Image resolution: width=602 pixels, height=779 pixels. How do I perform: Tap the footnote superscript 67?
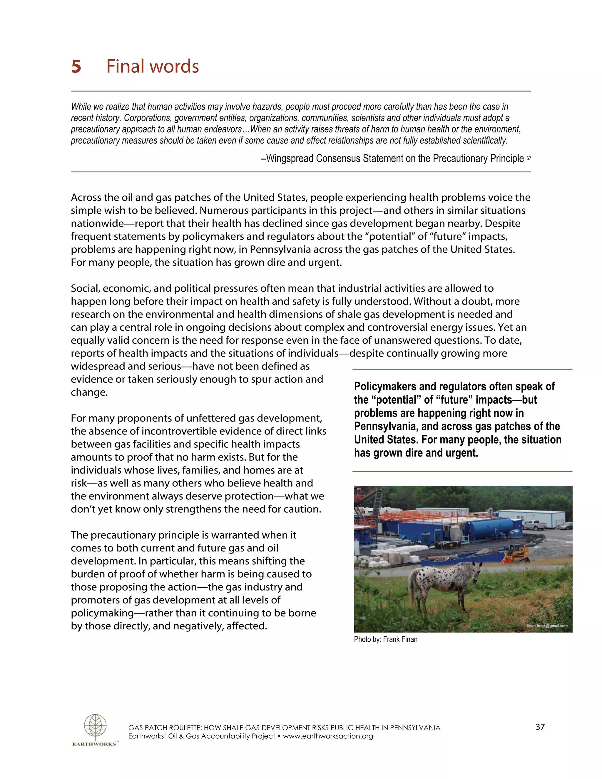coord(529,158)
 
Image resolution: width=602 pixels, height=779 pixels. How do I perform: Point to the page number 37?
coord(540,727)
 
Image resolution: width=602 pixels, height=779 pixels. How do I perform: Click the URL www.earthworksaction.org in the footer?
coord(328,736)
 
